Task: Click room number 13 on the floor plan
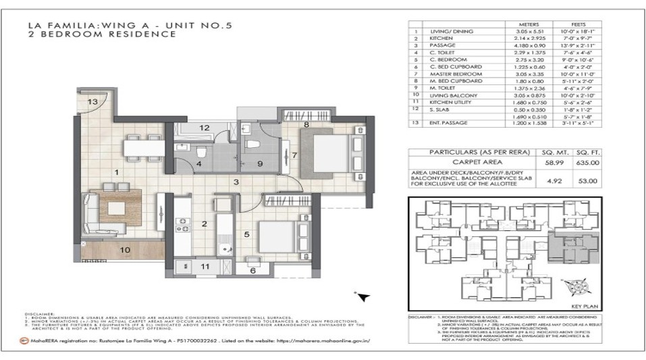92,102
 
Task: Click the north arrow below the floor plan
362,296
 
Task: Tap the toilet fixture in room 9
254,144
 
